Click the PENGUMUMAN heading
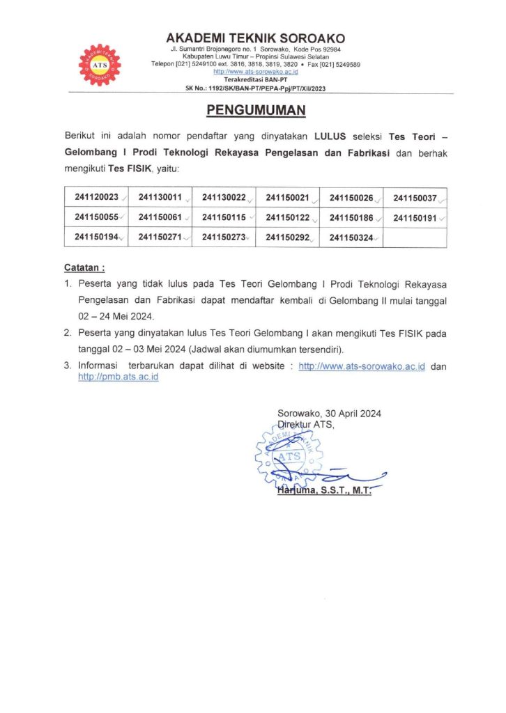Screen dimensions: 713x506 coord(256,111)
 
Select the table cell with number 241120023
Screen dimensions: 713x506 coord(97,197)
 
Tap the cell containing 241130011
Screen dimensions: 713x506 coord(160,197)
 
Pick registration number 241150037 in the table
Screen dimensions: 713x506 coord(415,198)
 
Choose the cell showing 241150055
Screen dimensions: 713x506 coord(97,217)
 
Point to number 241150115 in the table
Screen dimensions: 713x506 coord(224,217)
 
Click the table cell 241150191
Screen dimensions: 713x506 coord(415,218)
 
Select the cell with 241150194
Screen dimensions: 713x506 coord(97,237)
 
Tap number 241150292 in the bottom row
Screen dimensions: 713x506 coord(288,237)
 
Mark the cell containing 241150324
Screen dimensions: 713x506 coord(351,237)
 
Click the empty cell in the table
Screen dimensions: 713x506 coord(415,237)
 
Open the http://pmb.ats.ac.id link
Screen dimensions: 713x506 coord(118,377)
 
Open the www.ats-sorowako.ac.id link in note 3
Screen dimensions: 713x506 coord(362,366)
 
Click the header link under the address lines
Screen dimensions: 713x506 coord(256,72)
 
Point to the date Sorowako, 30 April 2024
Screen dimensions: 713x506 coord(329,414)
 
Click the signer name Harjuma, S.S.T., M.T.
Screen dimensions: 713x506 coord(323,491)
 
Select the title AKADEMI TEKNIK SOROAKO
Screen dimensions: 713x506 coord(256,38)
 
